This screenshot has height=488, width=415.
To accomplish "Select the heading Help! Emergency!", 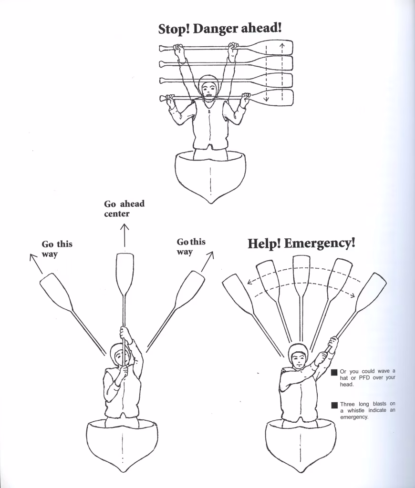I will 301,244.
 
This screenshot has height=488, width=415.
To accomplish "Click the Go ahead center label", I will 124,209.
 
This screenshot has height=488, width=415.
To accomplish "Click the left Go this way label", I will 57,249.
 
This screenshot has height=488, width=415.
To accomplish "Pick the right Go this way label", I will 191,246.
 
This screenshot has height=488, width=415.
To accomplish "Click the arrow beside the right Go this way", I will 208,261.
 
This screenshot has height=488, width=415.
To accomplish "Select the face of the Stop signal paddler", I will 209,90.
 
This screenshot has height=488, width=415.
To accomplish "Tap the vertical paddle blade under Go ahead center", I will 124,274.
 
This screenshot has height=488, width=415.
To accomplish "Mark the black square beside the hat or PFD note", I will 334,372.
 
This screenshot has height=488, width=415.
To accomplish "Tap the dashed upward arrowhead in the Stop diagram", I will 282,46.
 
